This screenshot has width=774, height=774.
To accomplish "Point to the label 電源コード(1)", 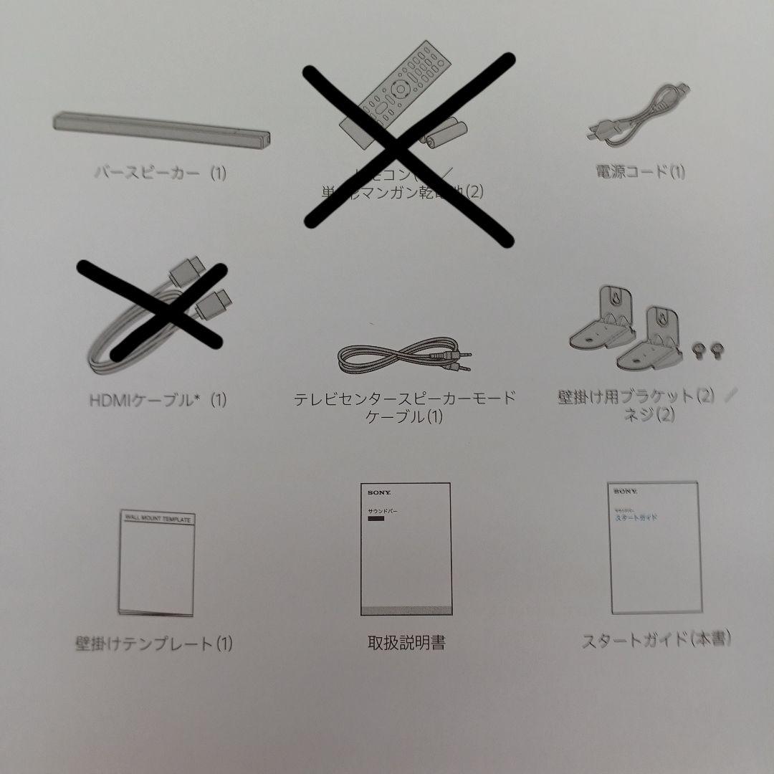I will (x=640, y=172).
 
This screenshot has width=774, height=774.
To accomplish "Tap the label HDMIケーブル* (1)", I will (x=158, y=400).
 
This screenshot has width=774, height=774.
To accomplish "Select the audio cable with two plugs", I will (x=406, y=355).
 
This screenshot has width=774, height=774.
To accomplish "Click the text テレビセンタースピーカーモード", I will (x=405, y=398).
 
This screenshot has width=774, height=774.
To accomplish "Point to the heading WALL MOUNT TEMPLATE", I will (x=158, y=518).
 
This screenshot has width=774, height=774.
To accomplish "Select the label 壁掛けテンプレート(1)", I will (x=155, y=643).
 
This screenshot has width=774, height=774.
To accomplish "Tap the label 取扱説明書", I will (x=406, y=642).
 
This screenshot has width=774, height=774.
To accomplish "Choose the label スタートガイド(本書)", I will (x=656, y=639).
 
